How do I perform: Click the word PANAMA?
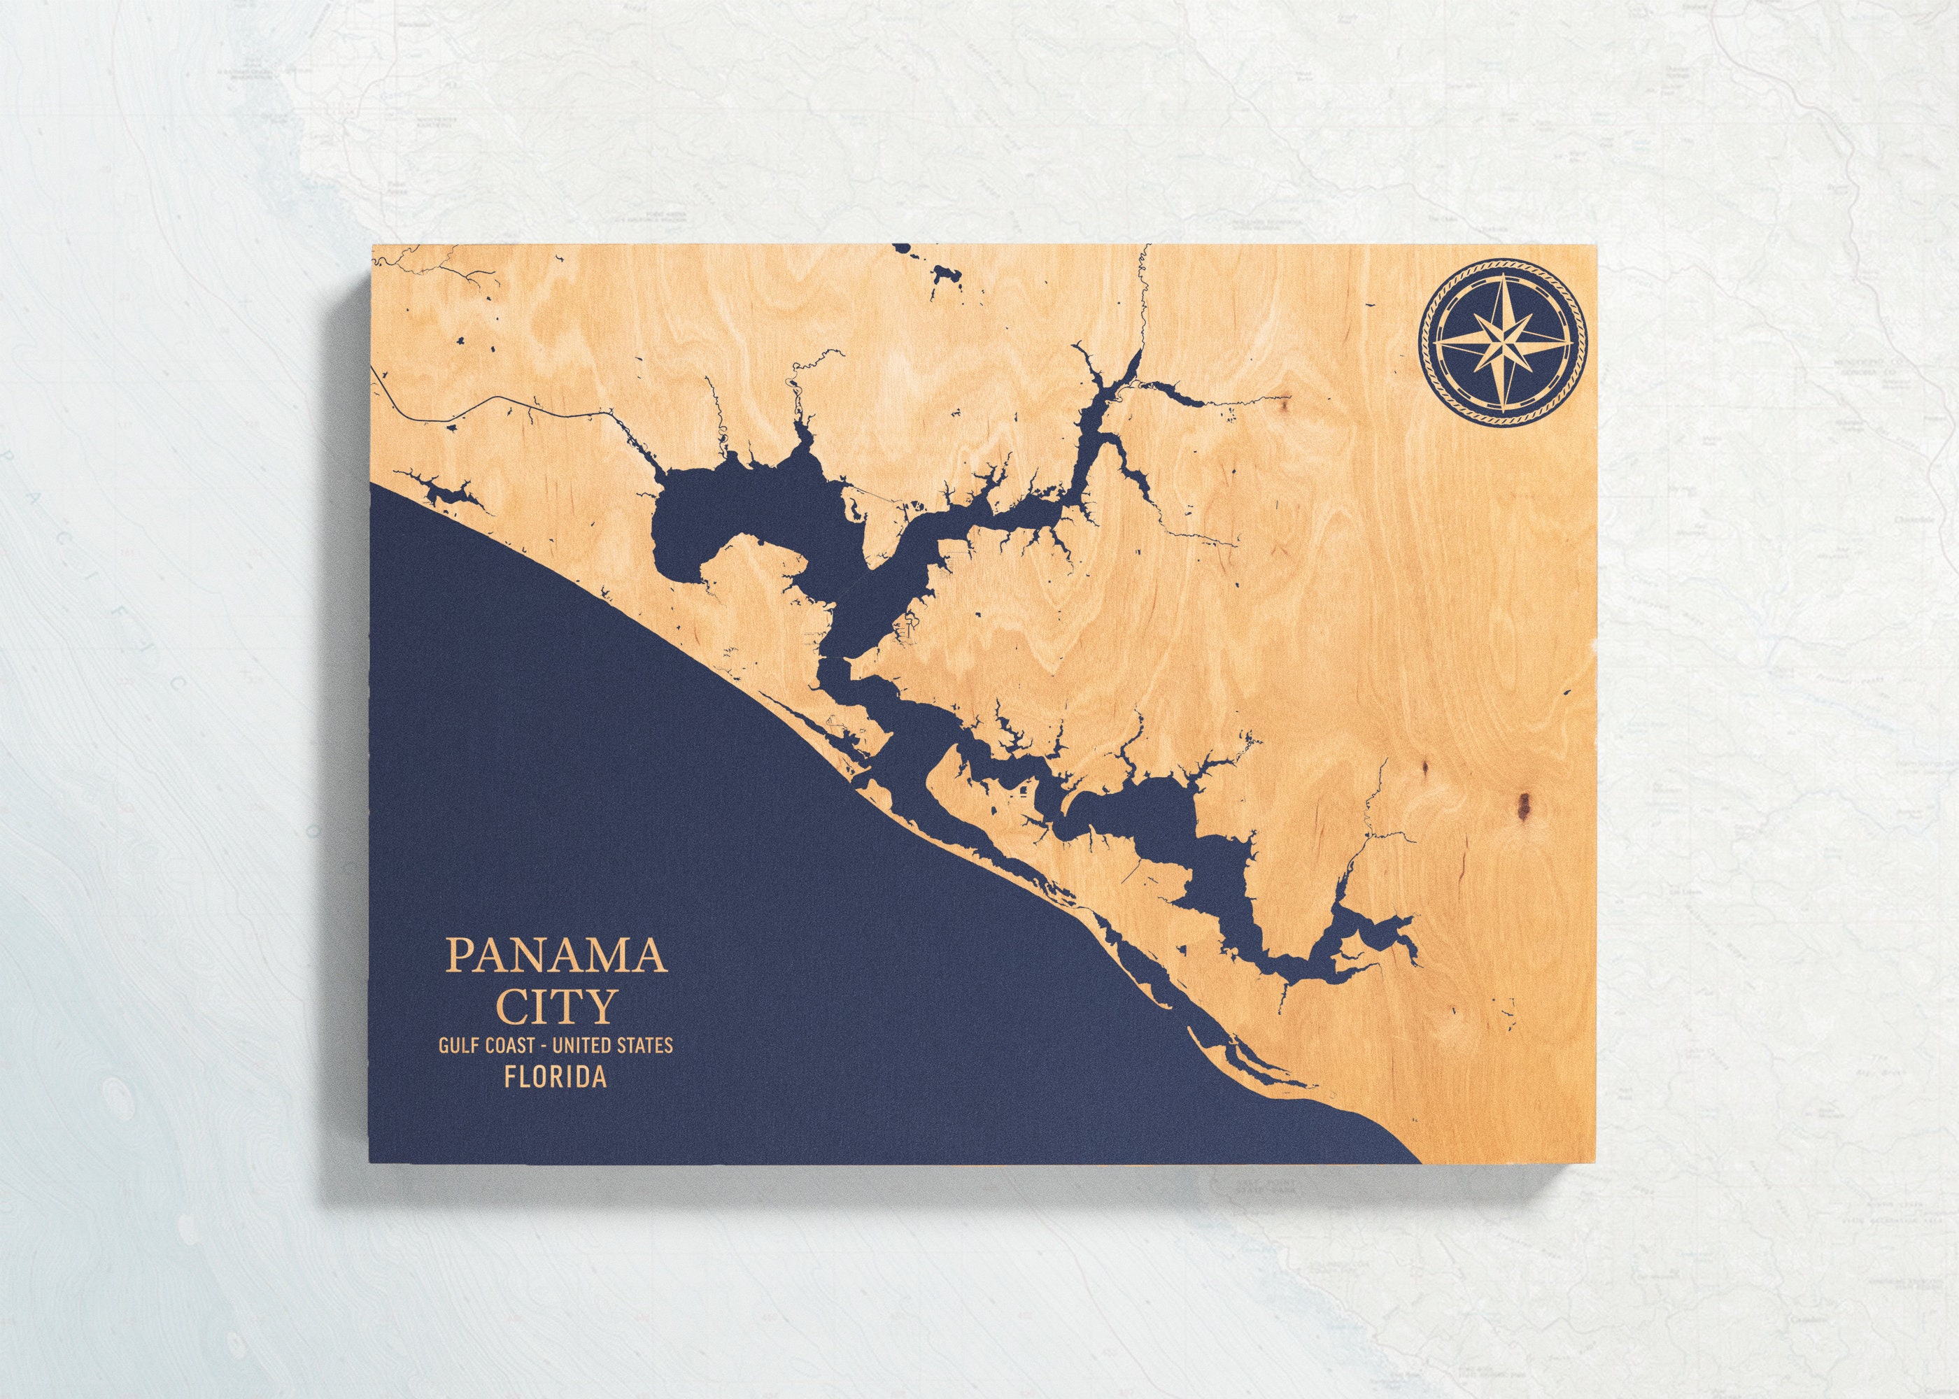coord(556,957)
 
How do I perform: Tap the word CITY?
coord(556,1004)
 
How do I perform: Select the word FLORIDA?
coord(556,1078)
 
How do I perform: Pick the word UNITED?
coord(582,1046)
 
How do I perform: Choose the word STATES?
coord(644,1046)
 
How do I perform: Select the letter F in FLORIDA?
coord(513,1078)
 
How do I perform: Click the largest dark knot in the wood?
coord(1524,804)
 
